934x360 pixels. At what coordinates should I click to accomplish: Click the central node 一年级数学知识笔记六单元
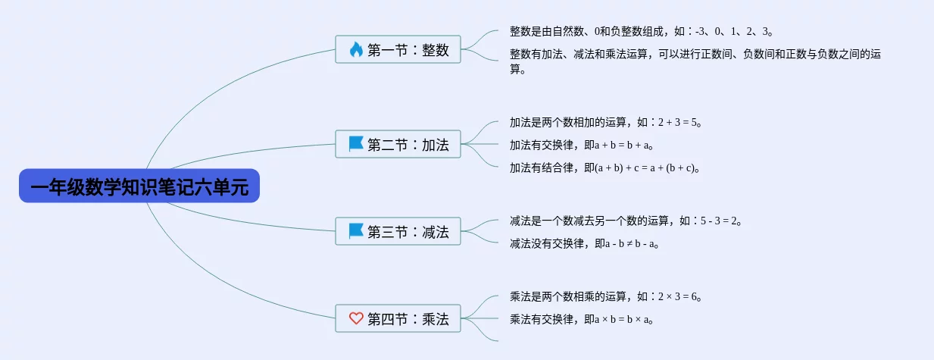pos(139,186)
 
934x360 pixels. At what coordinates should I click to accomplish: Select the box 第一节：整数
pos(398,49)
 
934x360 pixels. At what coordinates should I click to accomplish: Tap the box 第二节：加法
pos(398,144)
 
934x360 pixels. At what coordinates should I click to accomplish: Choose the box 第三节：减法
pos(398,231)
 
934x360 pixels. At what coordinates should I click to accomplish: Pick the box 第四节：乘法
pos(398,318)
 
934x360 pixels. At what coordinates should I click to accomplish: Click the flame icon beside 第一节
pos(356,49)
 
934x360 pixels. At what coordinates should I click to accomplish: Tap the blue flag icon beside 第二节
pos(356,144)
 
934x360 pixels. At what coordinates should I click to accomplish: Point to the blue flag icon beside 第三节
pos(356,231)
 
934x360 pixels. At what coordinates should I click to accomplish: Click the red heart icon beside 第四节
pos(356,318)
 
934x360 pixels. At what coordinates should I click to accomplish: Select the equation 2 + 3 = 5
pos(677,122)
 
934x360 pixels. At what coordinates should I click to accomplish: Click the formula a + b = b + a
pos(621,146)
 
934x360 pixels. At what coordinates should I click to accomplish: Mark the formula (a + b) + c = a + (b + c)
pos(645,167)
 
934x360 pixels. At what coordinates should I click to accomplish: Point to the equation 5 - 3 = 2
pos(718,221)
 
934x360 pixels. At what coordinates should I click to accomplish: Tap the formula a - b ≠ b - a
pos(629,243)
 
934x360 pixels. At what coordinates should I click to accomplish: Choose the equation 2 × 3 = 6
pos(677,296)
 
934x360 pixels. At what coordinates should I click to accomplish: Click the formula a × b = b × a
pos(621,320)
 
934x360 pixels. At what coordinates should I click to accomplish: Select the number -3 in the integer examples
pos(700,31)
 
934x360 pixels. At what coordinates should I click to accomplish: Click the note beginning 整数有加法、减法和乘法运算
pos(695,61)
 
